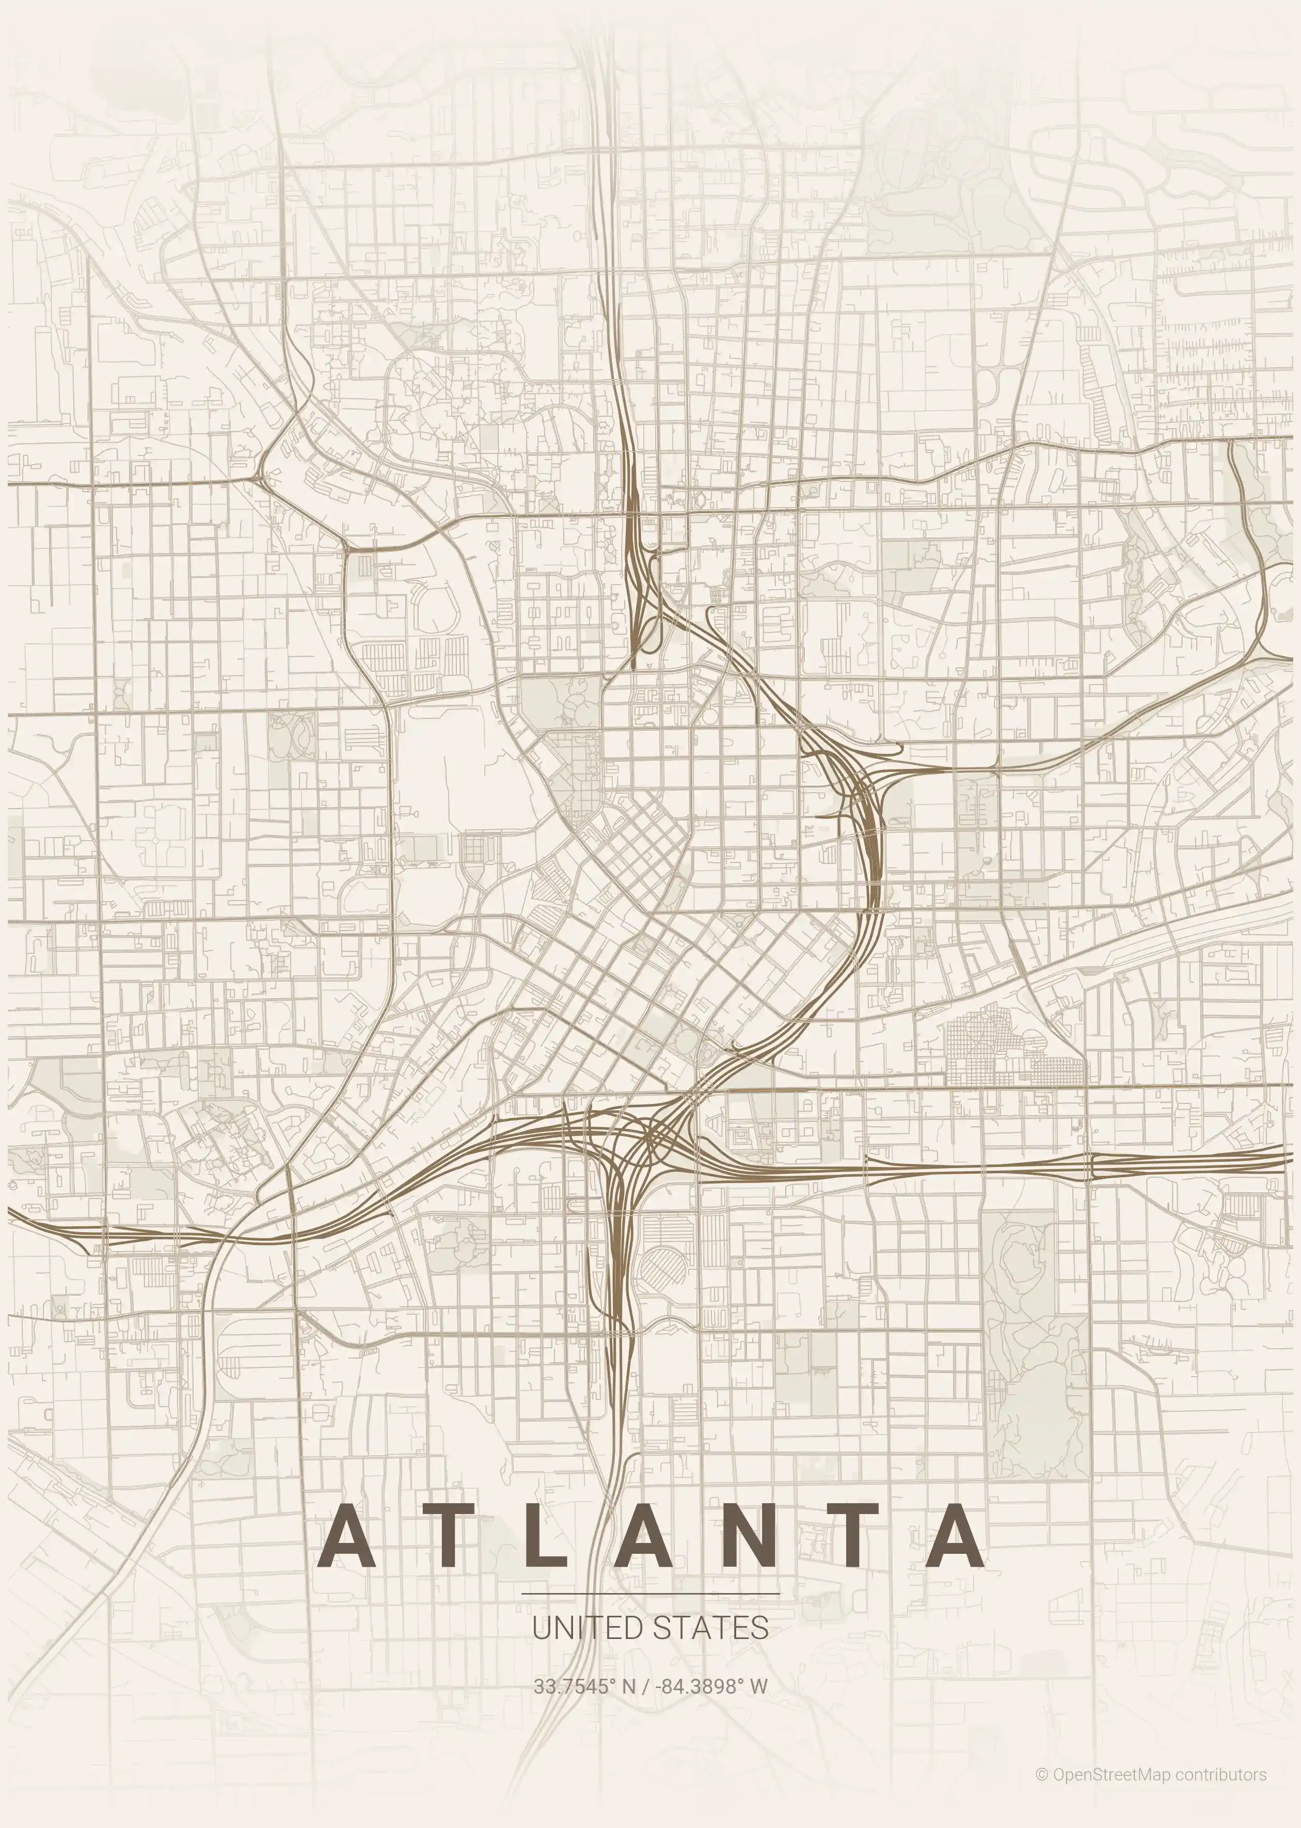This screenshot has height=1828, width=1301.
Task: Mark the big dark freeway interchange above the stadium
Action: tap(641, 1138)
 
